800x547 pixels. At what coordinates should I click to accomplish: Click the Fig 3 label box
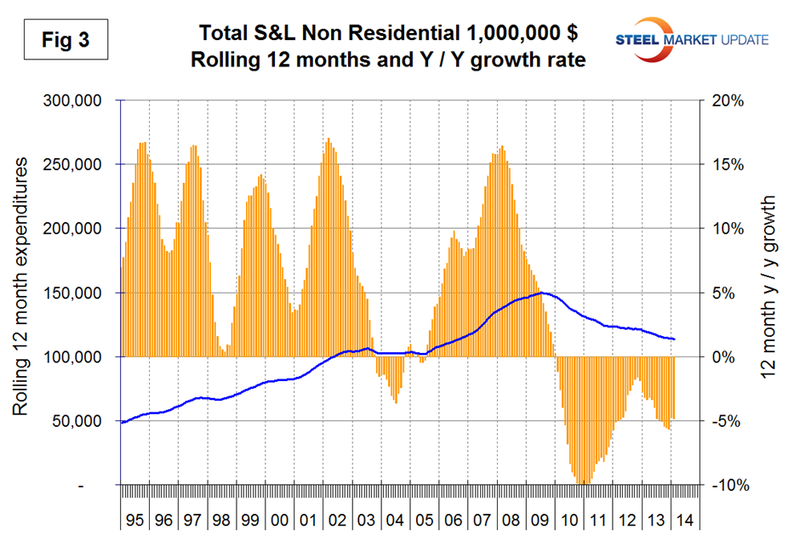point(65,41)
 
